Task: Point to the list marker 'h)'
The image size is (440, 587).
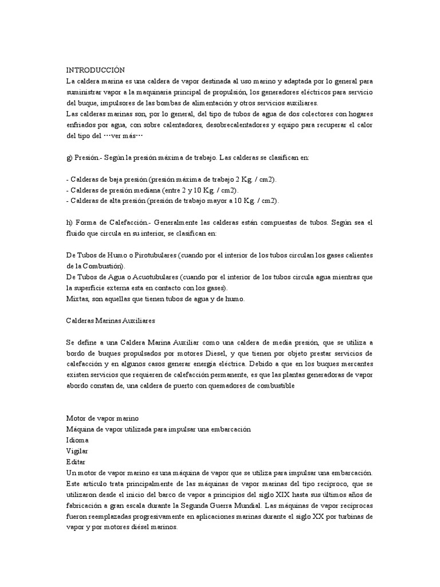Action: click(x=70, y=222)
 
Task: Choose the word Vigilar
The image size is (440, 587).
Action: click(x=78, y=451)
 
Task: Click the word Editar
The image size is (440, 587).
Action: click(x=77, y=461)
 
